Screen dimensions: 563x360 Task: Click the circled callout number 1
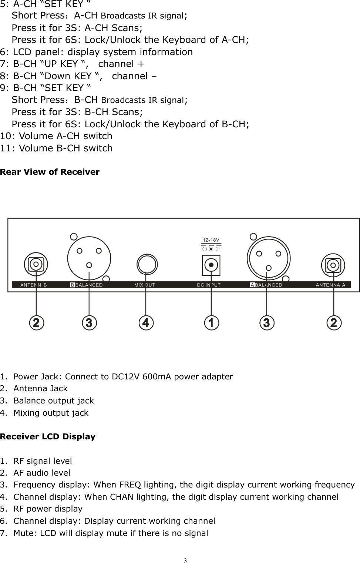211,323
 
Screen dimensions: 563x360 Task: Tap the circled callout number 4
146,323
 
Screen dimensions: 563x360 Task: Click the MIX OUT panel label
145,285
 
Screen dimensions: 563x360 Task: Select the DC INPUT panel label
208,285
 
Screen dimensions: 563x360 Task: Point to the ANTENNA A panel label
330,285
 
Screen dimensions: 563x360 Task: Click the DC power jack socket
211,265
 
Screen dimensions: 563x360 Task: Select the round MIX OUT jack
147,264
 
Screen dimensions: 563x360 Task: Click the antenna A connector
333,265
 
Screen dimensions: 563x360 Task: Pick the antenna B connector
36,264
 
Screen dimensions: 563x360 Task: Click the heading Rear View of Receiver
50,172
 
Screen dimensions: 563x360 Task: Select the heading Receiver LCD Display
48,437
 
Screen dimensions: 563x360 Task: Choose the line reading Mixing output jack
51,413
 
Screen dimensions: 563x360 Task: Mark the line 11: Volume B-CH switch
56,148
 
